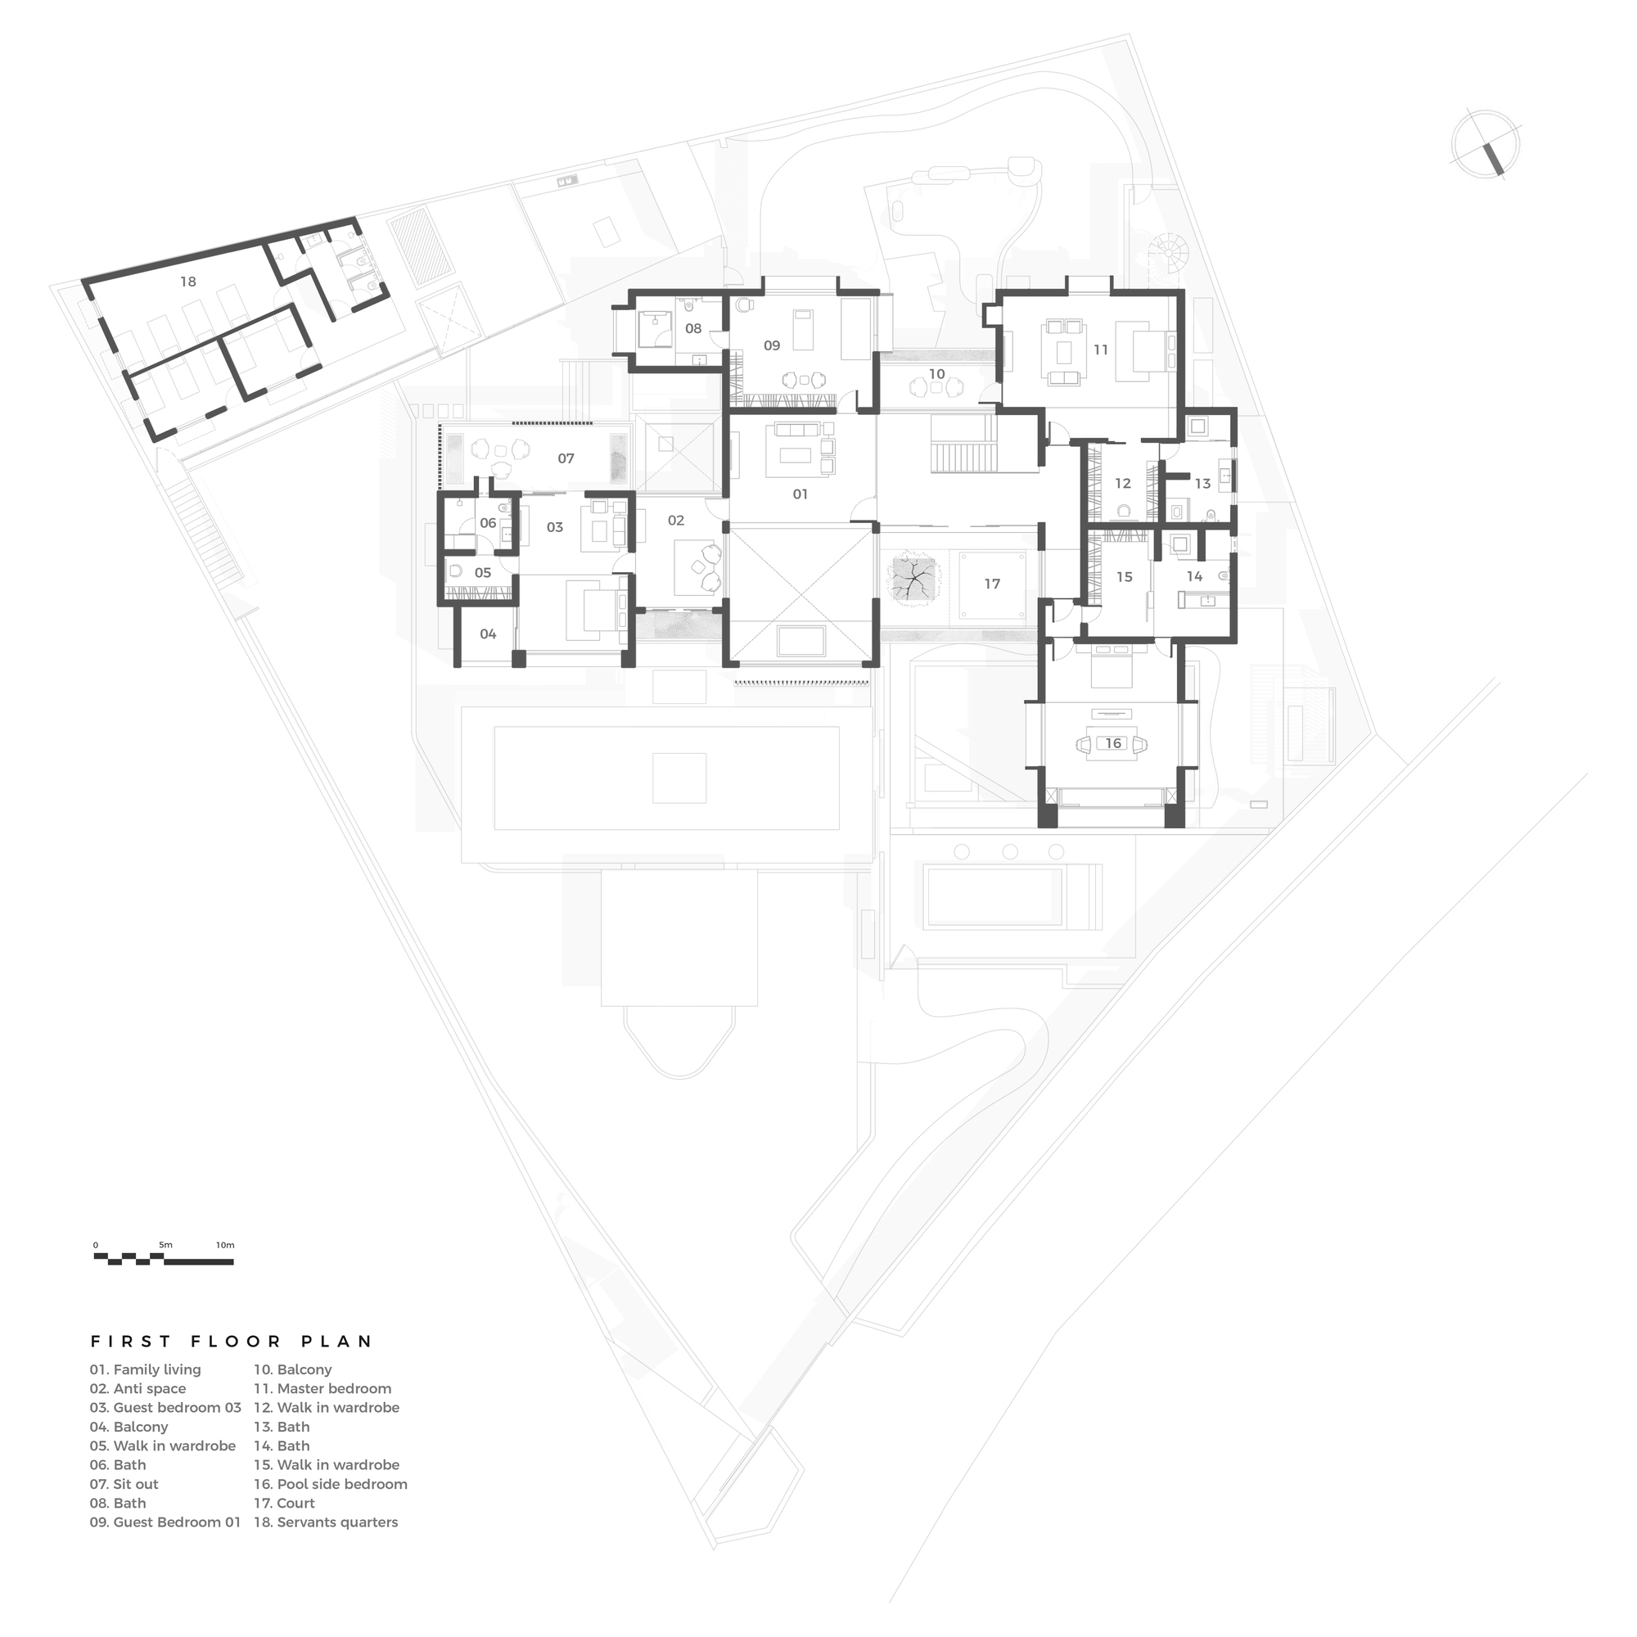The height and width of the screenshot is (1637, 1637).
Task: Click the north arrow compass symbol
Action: coord(1485,145)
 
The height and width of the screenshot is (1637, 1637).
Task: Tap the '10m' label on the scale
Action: coord(224,1245)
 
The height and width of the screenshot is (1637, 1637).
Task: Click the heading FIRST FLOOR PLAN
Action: coord(232,1342)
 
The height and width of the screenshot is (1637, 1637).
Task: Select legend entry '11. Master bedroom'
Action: coord(322,1389)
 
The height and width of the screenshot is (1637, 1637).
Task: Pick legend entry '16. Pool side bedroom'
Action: coord(331,1484)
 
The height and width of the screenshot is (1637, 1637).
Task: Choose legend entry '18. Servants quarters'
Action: coord(326,1522)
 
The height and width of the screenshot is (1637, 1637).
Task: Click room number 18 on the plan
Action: coord(188,282)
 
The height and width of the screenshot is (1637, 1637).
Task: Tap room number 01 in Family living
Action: coord(800,494)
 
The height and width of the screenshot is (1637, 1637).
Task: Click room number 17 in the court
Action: coord(992,584)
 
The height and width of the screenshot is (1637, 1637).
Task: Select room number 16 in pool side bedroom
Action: coord(1112,743)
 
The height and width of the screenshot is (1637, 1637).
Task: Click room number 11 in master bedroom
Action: coord(1101,349)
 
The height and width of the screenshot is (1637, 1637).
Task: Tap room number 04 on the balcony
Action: coord(488,634)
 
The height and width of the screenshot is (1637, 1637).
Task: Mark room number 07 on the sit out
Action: coord(566,458)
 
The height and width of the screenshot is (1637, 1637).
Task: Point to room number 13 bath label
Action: coord(1202,484)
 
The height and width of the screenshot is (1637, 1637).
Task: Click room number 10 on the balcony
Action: coord(936,374)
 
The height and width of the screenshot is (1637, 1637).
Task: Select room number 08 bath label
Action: coord(693,329)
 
